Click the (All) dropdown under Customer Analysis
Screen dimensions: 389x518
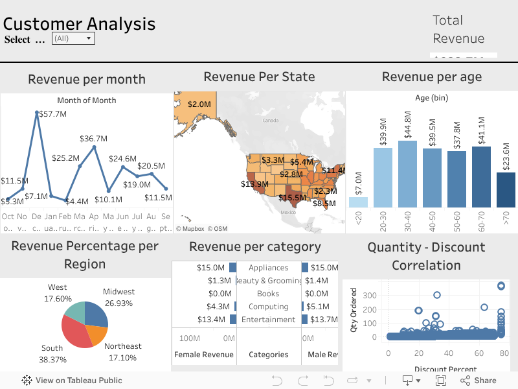(73, 39)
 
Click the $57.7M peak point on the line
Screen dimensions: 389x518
(36, 113)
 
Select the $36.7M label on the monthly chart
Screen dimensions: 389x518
(93, 138)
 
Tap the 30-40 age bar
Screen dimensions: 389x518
(407, 174)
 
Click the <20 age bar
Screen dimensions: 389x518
(358, 202)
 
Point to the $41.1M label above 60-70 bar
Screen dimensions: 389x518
(481, 131)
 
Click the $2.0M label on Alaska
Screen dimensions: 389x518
(199, 104)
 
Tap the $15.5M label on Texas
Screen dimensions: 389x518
(292, 197)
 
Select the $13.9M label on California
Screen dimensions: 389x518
(254, 184)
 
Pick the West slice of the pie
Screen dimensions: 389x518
(74, 312)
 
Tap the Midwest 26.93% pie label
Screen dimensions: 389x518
(118, 298)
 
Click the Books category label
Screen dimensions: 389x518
(268, 294)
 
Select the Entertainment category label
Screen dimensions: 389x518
(268, 320)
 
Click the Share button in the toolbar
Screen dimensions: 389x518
(479, 381)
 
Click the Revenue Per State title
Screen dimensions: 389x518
(259, 77)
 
